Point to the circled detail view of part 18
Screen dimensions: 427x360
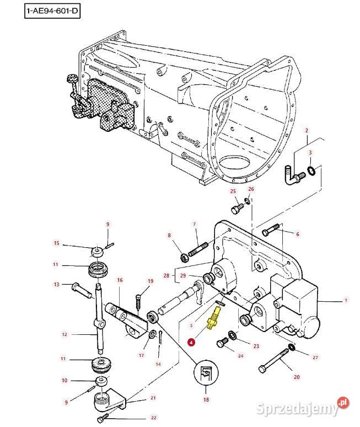(x=206, y=376)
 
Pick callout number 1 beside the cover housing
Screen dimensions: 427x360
(x=346, y=301)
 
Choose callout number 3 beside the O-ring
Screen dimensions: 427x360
(x=310, y=152)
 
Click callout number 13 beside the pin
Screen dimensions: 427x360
(x=56, y=285)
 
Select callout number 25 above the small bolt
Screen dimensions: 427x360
(x=233, y=191)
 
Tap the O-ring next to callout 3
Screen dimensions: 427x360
(x=311, y=170)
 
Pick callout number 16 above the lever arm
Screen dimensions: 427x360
(x=119, y=280)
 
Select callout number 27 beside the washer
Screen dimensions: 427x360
(x=315, y=357)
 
